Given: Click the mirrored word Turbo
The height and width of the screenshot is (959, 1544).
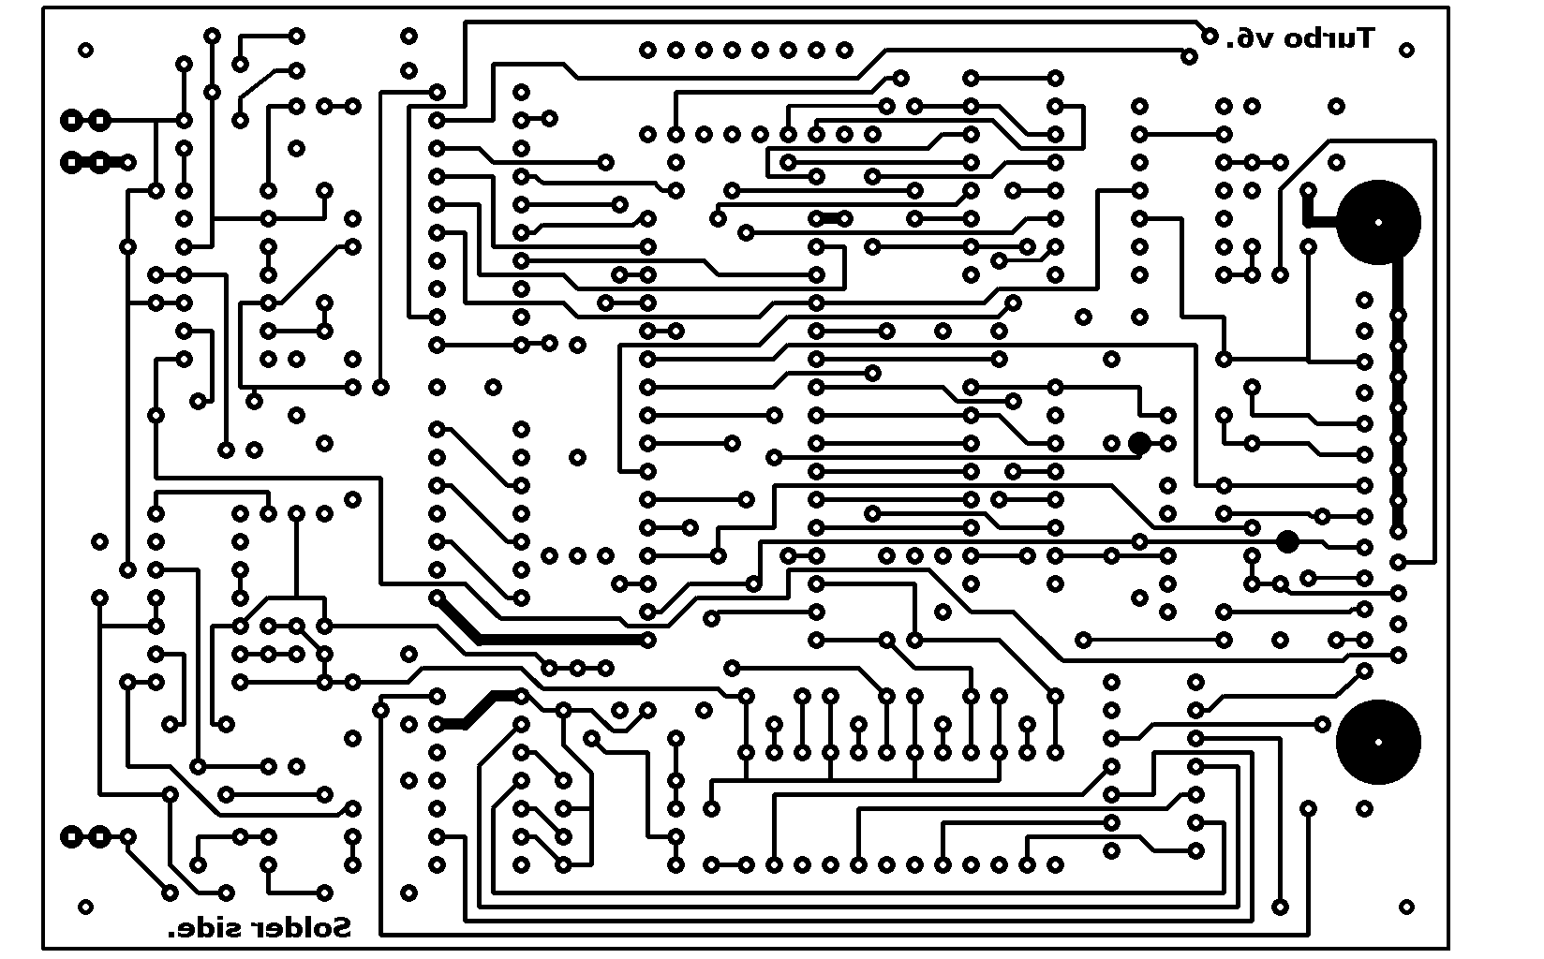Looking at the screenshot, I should point(1329,38).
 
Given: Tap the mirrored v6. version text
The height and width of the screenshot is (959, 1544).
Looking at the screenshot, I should point(1253,38).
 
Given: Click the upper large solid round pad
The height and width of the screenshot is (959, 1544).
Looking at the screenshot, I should point(1378,223).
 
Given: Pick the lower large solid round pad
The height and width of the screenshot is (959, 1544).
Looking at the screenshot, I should point(1378,741).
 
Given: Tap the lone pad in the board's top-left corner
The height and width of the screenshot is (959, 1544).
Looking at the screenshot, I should point(86,50).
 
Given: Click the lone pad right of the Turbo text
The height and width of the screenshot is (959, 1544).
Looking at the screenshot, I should point(1406,50).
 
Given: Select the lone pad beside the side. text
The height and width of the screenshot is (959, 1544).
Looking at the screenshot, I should point(86,907).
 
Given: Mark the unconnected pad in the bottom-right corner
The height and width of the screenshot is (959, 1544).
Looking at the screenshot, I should point(1406,907).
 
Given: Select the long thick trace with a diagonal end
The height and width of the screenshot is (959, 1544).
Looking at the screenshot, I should point(553,639).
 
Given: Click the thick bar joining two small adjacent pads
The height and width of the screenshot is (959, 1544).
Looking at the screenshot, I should point(830,218).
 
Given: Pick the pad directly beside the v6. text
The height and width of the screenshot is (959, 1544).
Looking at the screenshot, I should point(1210,36).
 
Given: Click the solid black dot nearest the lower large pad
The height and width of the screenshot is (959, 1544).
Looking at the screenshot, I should point(1288,540).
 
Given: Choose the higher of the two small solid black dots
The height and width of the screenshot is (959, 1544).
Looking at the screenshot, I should point(1139,443).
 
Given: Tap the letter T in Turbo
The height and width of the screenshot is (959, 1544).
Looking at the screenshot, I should point(1364,37).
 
